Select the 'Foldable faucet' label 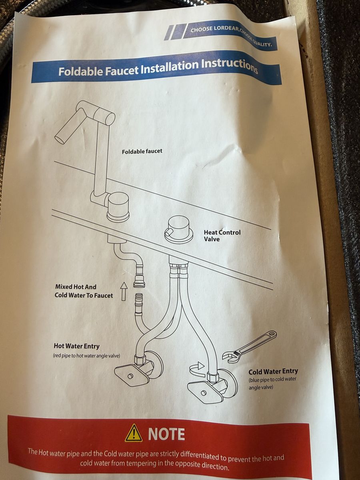click(142, 151)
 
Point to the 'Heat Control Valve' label click(222, 236)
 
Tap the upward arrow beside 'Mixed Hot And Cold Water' click(124, 291)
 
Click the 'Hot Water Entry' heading click(76, 346)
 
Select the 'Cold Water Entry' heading click(273, 371)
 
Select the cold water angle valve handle click(203, 392)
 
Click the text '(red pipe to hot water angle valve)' click(86, 356)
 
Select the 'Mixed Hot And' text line click(76, 287)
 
